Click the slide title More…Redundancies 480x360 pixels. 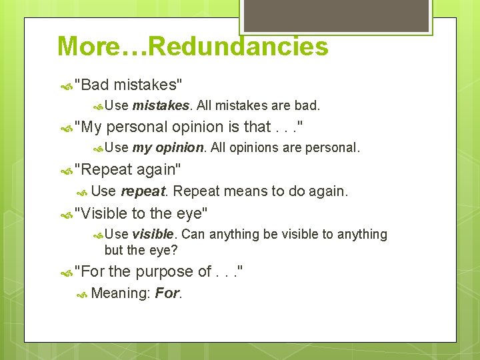(193, 47)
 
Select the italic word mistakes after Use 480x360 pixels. (161, 105)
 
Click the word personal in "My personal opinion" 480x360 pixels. (137, 127)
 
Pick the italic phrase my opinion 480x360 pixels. (169, 147)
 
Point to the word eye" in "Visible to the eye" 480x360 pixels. (191, 213)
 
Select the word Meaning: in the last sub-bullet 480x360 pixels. (120, 293)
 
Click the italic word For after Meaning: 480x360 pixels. (167, 293)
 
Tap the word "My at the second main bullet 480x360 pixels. (88, 127)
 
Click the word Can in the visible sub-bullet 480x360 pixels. (193, 234)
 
